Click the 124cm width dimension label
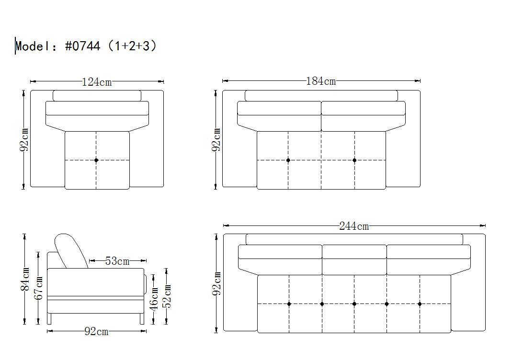point(97,81)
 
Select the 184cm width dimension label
point(320,81)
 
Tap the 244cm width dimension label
point(354,226)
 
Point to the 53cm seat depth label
point(117,261)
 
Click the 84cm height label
point(25,279)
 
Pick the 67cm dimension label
point(38,288)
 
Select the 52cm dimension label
point(167,296)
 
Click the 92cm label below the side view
point(96,331)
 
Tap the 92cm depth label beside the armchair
point(24,140)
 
